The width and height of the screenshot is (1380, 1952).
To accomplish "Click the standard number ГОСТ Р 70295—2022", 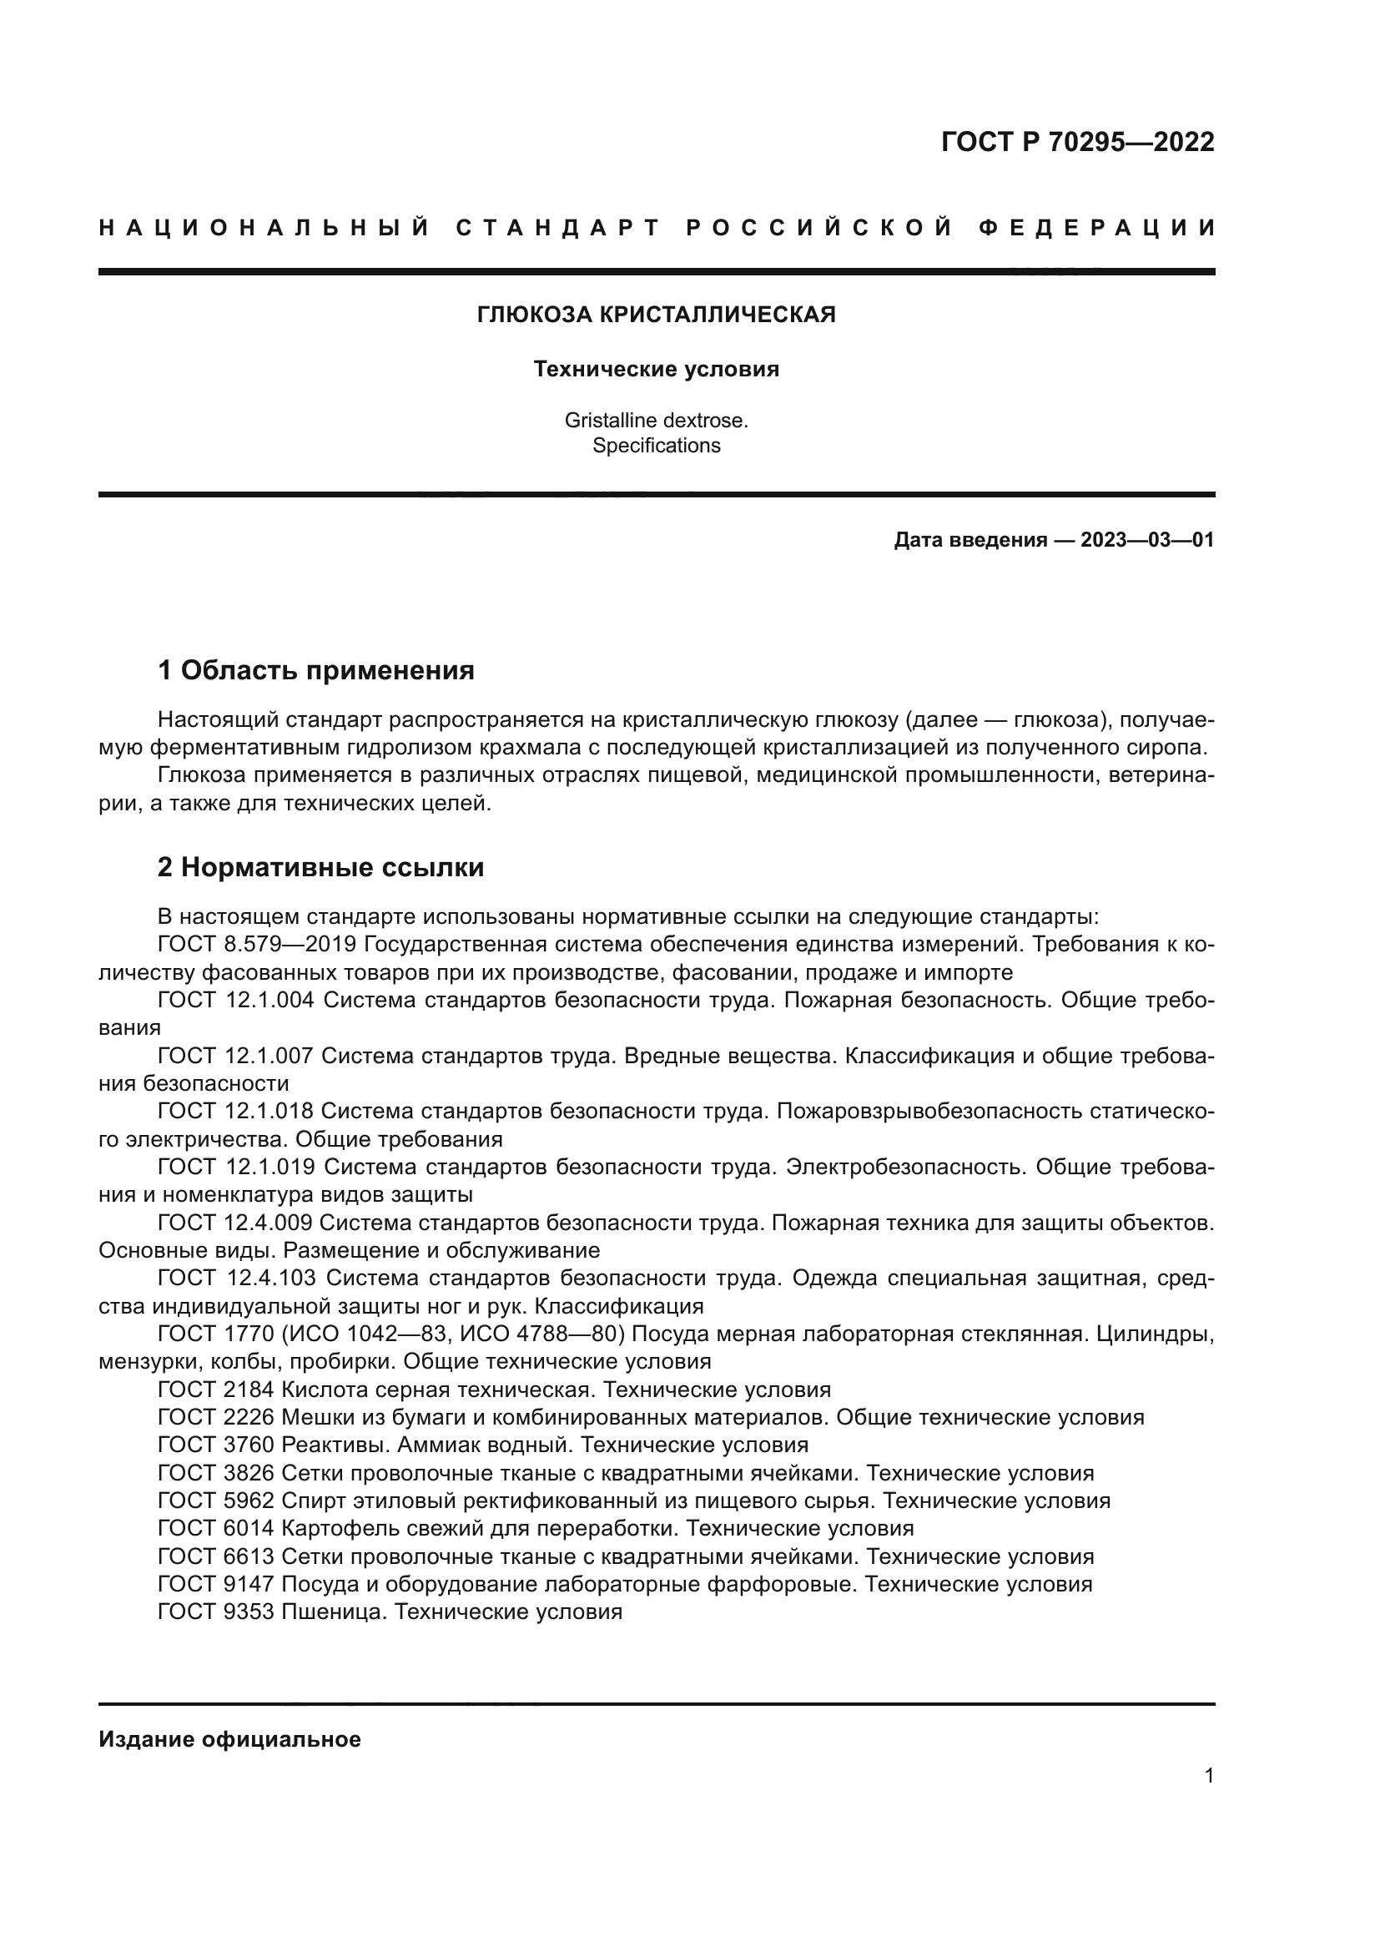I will point(1077,142).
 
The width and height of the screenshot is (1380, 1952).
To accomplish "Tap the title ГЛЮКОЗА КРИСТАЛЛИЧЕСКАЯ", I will point(656,315).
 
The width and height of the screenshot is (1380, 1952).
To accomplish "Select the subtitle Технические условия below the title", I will point(656,370).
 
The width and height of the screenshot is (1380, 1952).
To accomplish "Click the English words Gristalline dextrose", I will point(656,420).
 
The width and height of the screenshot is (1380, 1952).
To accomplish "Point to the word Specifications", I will point(656,446).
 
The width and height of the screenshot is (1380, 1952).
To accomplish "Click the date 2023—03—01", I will point(1147,540).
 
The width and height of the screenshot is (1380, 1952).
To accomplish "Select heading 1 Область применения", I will point(316,671).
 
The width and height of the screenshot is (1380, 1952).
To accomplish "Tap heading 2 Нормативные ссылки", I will point(321,868).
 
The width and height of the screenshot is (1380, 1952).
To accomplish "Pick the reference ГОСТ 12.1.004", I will point(236,1001).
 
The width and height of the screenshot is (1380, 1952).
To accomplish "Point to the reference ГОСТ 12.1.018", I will point(236,1111).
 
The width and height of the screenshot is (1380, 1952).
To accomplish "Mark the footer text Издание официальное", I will point(229,1739).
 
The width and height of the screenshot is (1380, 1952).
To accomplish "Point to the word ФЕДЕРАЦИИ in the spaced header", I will point(1097,228).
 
